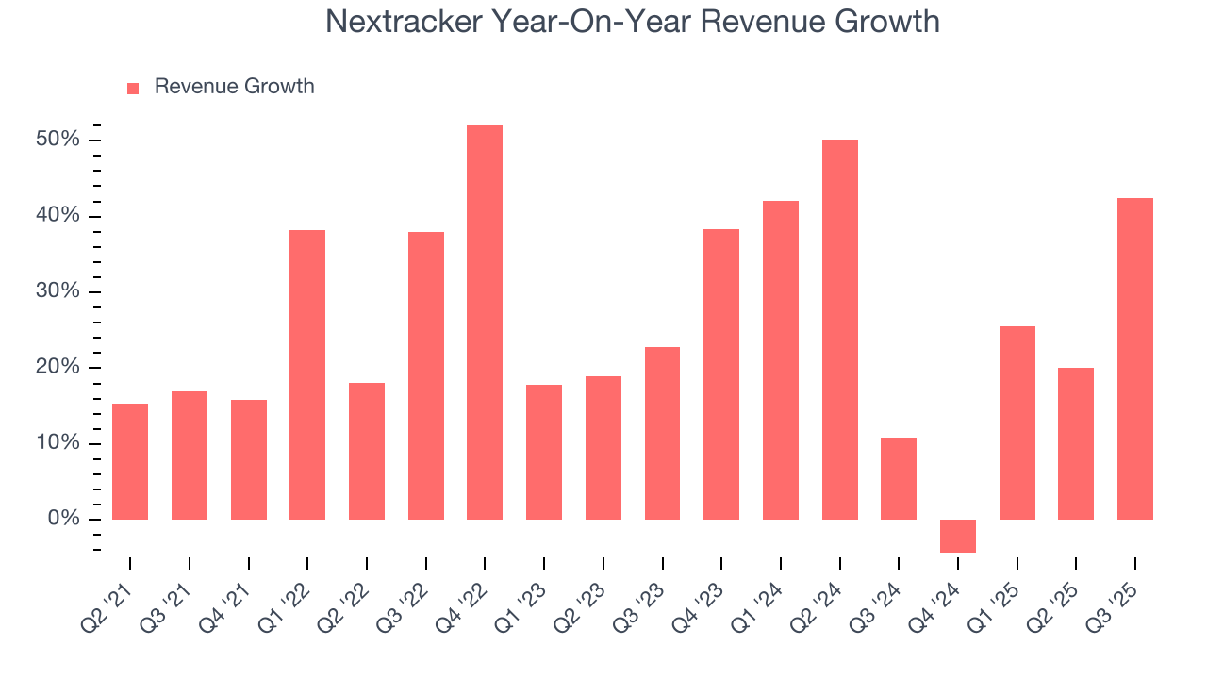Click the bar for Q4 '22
(x=485, y=323)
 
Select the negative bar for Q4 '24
(x=958, y=536)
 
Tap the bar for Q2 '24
(x=839, y=329)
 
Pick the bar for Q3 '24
(x=899, y=478)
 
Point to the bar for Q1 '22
(x=307, y=374)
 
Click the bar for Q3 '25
(x=1135, y=358)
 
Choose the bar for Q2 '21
(x=130, y=461)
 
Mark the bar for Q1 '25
(x=1017, y=422)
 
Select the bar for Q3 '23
(x=662, y=433)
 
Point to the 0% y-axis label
(x=64, y=519)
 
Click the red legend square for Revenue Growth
(x=133, y=88)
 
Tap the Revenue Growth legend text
(x=234, y=87)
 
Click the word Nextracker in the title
(x=404, y=21)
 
